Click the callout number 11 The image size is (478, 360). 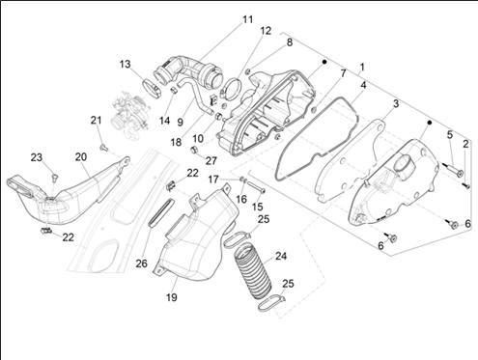click(247, 19)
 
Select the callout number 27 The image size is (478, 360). click(211, 160)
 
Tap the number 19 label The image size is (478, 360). click(172, 297)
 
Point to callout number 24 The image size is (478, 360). click(281, 256)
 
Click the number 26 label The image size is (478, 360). click(141, 263)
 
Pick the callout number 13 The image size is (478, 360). click(126, 64)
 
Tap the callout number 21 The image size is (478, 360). click(96, 121)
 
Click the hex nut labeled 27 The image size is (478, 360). click(194, 150)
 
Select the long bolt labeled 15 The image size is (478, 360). click(256, 186)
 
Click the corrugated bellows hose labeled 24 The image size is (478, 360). click(254, 272)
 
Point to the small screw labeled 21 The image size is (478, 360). click(103, 148)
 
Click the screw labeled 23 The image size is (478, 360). click(54, 177)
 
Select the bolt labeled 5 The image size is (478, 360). click(454, 169)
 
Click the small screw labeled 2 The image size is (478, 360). click(465, 185)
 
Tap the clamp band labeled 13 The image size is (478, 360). click(152, 88)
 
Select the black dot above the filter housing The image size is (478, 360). click(324, 62)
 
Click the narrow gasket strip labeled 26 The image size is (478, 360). click(161, 212)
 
